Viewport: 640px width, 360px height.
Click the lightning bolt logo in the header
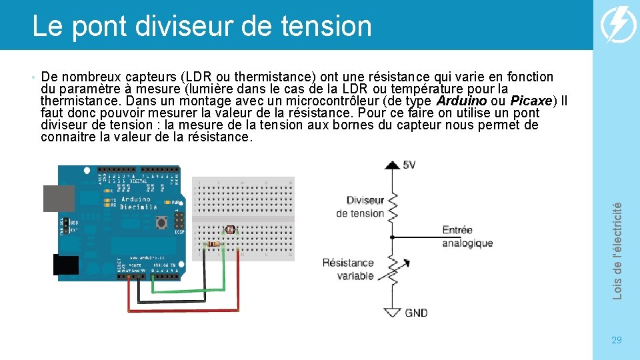click(618, 25)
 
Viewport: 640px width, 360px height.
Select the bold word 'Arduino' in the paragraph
click(461, 101)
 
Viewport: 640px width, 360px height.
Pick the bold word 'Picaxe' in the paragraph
click(531, 101)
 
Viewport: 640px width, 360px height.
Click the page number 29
click(617, 341)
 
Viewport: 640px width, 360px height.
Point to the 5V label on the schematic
click(409, 165)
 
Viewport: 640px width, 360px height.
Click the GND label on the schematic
click(416, 313)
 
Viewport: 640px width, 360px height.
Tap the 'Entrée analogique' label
click(467, 237)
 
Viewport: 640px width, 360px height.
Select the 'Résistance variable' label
click(348, 269)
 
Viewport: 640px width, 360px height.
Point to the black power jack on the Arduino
click(66, 265)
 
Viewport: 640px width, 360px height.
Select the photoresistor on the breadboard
click(231, 230)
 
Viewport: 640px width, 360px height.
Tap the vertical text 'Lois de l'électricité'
click(617, 250)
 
